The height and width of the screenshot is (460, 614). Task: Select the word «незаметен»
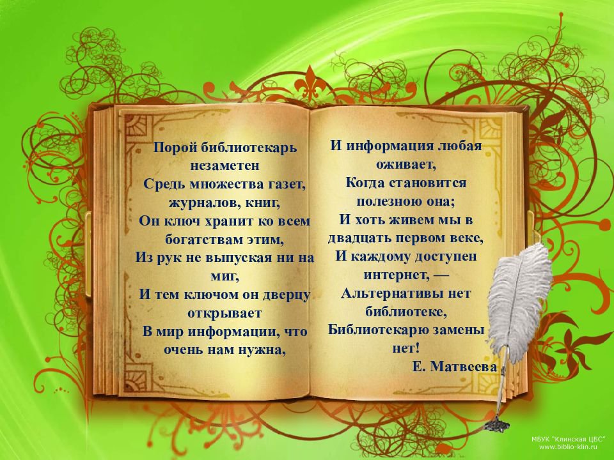tap(224, 166)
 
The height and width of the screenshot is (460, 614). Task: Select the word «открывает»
tap(224, 314)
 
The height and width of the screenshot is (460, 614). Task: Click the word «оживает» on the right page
tap(406, 164)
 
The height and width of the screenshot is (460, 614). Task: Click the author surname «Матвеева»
tap(464, 367)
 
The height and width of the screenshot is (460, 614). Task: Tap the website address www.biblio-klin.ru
tap(568, 447)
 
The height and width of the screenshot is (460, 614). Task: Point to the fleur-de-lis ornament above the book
tap(311, 83)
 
